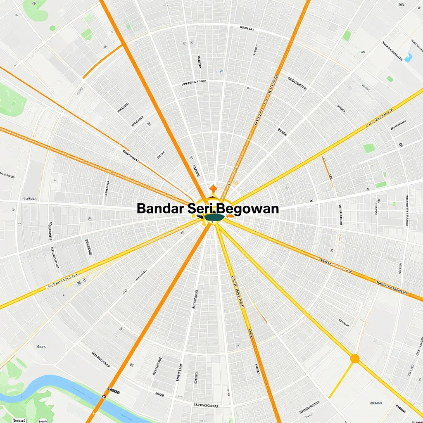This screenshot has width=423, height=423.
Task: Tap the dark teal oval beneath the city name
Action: pyautogui.click(x=214, y=218)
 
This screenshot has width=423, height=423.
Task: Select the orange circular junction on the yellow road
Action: pyautogui.click(x=354, y=359)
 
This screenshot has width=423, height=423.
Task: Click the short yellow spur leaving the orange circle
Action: pyautogui.click(x=341, y=378)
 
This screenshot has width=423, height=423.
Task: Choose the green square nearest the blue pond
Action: pyautogui.click(x=390, y=78)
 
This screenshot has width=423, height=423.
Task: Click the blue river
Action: pyautogui.click(x=54, y=384)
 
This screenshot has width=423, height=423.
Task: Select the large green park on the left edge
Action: pyautogui.click(x=10, y=99)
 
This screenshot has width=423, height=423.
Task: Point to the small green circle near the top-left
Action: pyautogui.click(x=52, y=28)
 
